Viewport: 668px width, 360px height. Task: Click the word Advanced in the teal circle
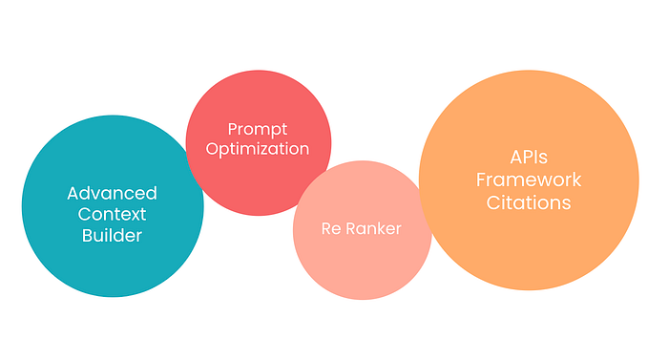point(112,193)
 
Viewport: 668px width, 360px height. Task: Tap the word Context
point(112,214)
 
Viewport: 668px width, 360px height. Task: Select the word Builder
point(112,235)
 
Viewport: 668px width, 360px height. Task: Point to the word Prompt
point(258,129)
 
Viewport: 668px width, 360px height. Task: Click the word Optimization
point(258,149)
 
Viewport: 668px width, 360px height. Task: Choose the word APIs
point(528,158)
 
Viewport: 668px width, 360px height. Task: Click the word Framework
point(528,180)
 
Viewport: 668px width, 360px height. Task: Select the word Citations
point(528,203)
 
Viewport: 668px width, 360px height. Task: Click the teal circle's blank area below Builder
point(112,272)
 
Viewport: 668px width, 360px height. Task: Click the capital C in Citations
point(492,203)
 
